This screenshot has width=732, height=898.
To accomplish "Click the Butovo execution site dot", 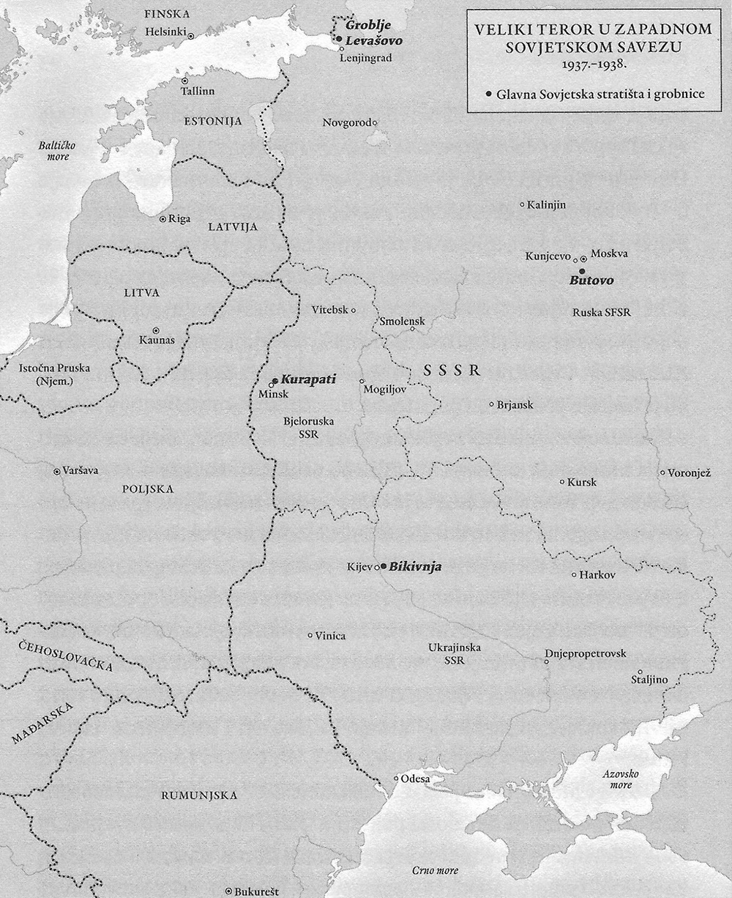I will (x=582, y=271).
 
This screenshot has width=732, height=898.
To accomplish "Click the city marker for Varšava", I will (x=57, y=472).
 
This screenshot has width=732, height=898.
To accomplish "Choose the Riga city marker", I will (x=163, y=218).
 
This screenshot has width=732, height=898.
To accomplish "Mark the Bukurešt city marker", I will (x=229, y=891).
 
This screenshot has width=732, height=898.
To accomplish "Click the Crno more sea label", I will (x=435, y=870).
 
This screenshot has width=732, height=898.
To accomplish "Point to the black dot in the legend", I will (x=488, y=94).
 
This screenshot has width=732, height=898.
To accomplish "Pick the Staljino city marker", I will (x=640, y=672).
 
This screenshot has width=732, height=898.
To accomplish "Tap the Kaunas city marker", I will (x=155, y=330).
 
